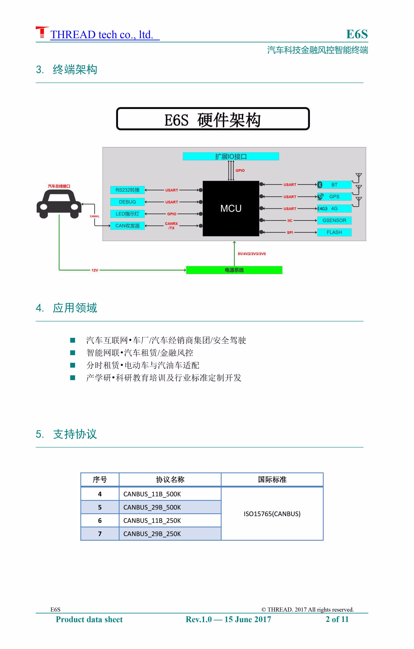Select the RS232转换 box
coord(127,190)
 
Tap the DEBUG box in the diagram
coord(127,202)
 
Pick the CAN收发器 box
coord(127,226)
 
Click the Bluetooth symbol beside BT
coord(320,185)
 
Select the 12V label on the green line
coord(95,270)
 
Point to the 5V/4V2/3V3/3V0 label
coord(252,254)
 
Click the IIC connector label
coord(290,220)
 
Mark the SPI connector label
coord(290,232)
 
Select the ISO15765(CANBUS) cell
coord(272,514)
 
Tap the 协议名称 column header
coord(170,479)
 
